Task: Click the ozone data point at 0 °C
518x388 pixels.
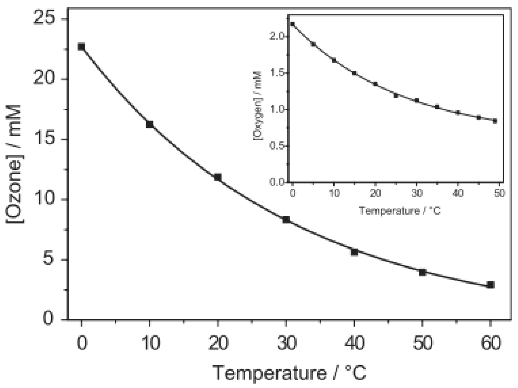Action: click(82, 47)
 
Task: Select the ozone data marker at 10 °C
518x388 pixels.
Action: click(150, 124)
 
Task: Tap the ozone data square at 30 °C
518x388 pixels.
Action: click(286, 219)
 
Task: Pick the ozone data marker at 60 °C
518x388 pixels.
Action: click(490, 285)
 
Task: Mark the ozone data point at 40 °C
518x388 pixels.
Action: click(354, 252)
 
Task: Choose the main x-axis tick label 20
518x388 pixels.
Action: click(218, 343)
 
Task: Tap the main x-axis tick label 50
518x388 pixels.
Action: click(422, 343)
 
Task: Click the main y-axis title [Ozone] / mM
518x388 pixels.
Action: click(14, 164)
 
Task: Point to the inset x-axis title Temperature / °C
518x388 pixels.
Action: click(399, 211)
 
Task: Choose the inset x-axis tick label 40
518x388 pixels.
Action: click(458, 193)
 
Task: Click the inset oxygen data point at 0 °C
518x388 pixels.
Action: click(293, 24)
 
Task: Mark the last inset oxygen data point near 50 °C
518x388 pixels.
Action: click(495, 121)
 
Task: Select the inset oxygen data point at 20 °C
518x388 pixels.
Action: click(375, 84)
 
